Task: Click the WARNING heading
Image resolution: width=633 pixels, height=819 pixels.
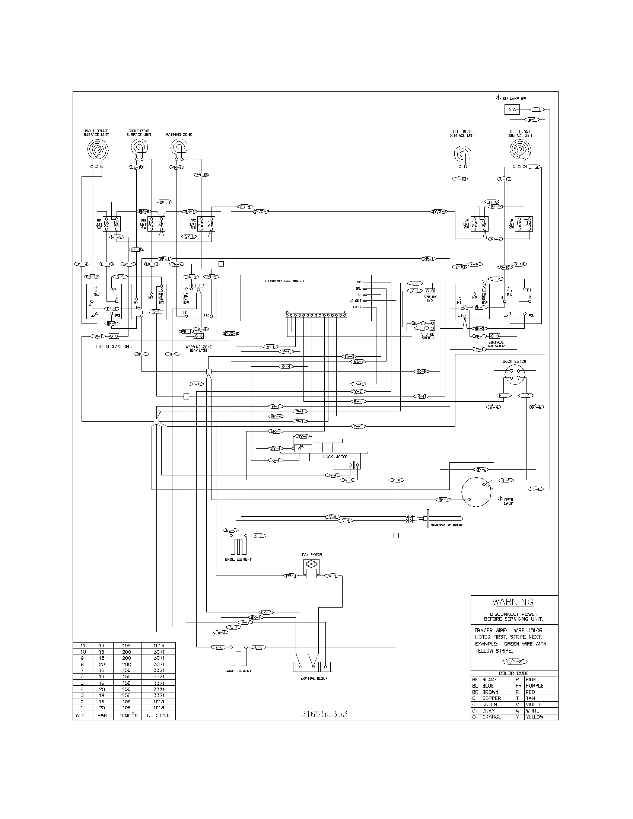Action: [x=513, y=602]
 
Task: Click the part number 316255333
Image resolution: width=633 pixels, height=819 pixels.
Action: [x=324, y=714]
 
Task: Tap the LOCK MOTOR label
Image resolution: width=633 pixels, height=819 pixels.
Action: [x=335, y=457]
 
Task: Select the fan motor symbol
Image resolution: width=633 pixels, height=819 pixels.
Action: [x=311, y=564]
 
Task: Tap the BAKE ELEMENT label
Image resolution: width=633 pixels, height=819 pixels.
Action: [x=238, y=670]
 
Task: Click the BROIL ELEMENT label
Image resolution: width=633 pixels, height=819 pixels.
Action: [x=238, y=559]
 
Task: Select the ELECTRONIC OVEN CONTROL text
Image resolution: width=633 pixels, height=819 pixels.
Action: [x=284, y=281]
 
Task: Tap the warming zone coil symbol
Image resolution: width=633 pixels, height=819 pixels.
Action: [x=179, y=147]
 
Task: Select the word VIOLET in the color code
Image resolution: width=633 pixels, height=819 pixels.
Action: [x=533, y=704]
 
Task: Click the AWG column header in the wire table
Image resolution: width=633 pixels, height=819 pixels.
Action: [x=102, y=716]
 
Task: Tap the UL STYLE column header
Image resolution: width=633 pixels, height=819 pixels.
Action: [x=159, y=716]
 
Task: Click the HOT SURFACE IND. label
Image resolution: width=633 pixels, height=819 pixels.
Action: [x=114, y=347]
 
